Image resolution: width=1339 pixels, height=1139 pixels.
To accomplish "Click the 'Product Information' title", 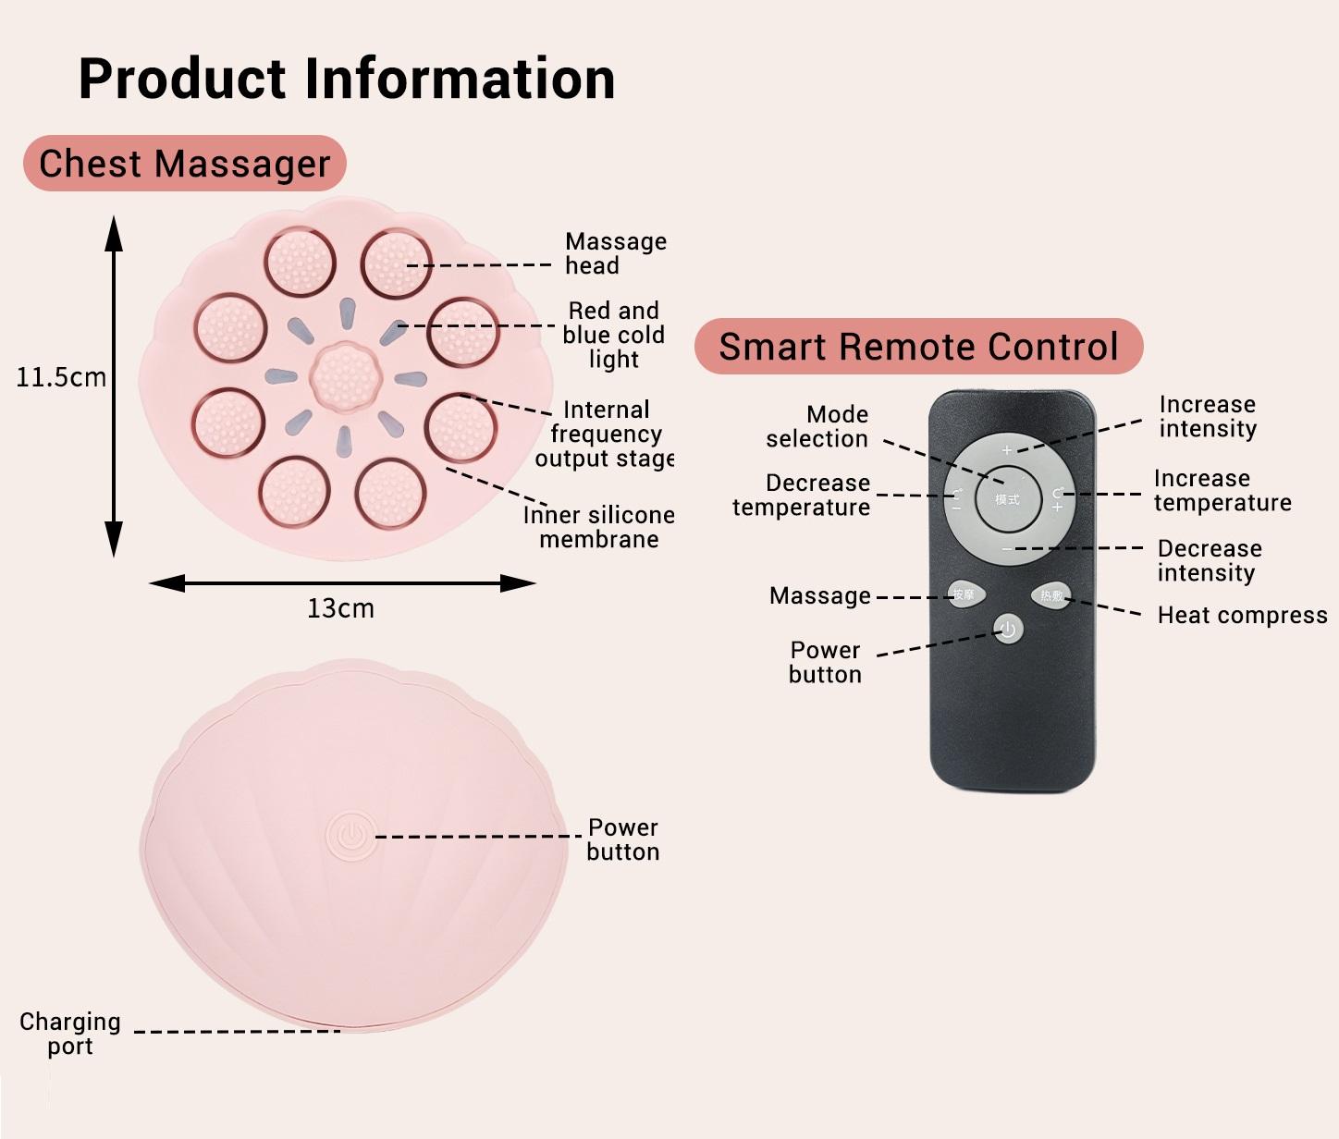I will tap(347, 79).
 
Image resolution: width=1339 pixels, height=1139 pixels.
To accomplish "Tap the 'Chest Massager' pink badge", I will tap(184, 164).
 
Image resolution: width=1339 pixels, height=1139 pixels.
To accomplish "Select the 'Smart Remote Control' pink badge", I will tap(918, 347).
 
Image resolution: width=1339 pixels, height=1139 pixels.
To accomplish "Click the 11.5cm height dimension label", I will tap(61, 377).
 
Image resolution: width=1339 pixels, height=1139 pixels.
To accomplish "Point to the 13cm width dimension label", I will tap(340, 608).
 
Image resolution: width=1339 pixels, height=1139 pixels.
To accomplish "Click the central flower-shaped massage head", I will tap(345, 376).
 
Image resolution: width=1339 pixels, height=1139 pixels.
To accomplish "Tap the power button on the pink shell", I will tap(350, 836).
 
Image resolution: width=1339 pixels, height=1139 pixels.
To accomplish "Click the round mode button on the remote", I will tap(1007, 499).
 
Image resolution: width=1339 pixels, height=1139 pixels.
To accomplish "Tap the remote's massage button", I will tap(964, 594).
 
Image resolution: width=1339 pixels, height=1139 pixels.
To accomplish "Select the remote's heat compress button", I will tap(1051, 595).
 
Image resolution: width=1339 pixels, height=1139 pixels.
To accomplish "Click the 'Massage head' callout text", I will tap(615, 253).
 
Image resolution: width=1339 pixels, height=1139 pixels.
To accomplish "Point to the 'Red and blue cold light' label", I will tap(613, 335).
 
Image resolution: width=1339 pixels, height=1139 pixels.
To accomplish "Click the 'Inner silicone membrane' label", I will tap(598, 527).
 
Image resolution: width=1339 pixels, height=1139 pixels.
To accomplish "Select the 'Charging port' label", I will tap(70, 1034).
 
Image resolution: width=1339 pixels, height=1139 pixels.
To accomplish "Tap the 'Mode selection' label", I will tap(817, 426).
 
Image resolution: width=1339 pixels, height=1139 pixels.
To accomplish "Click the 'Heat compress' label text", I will tap(1242, 616).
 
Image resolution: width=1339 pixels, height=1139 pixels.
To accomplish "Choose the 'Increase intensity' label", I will tap(1208, 416).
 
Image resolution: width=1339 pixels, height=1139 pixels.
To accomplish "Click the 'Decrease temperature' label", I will tap(801, 495).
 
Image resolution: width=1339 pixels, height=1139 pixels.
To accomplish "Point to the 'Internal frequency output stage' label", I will tap(605, 434).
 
